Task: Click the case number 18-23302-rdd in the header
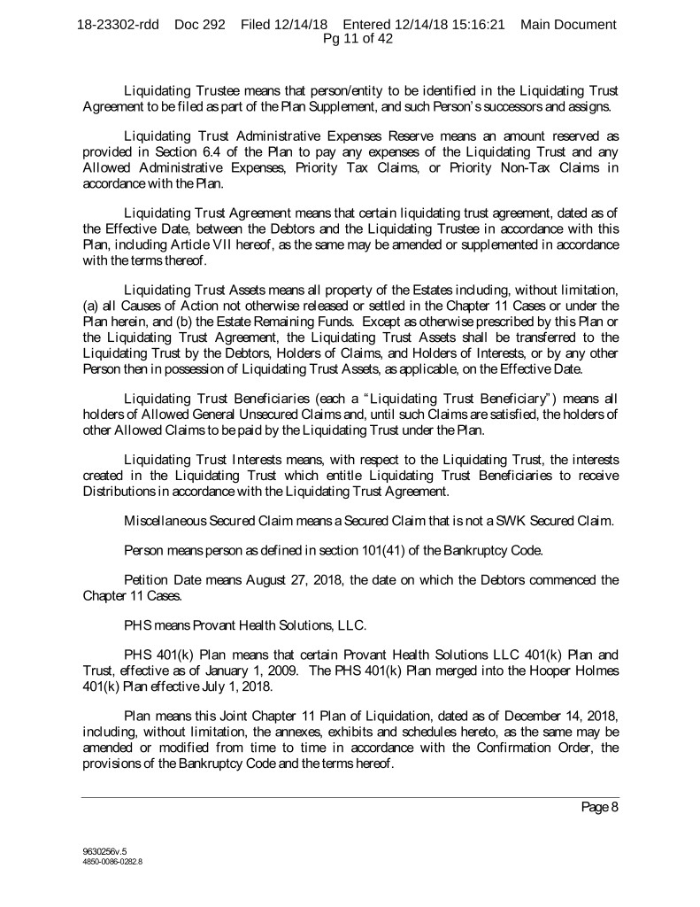tap(118, 24)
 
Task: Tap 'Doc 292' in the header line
tap(201, 24)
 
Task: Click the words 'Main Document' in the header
tap(568, 24)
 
